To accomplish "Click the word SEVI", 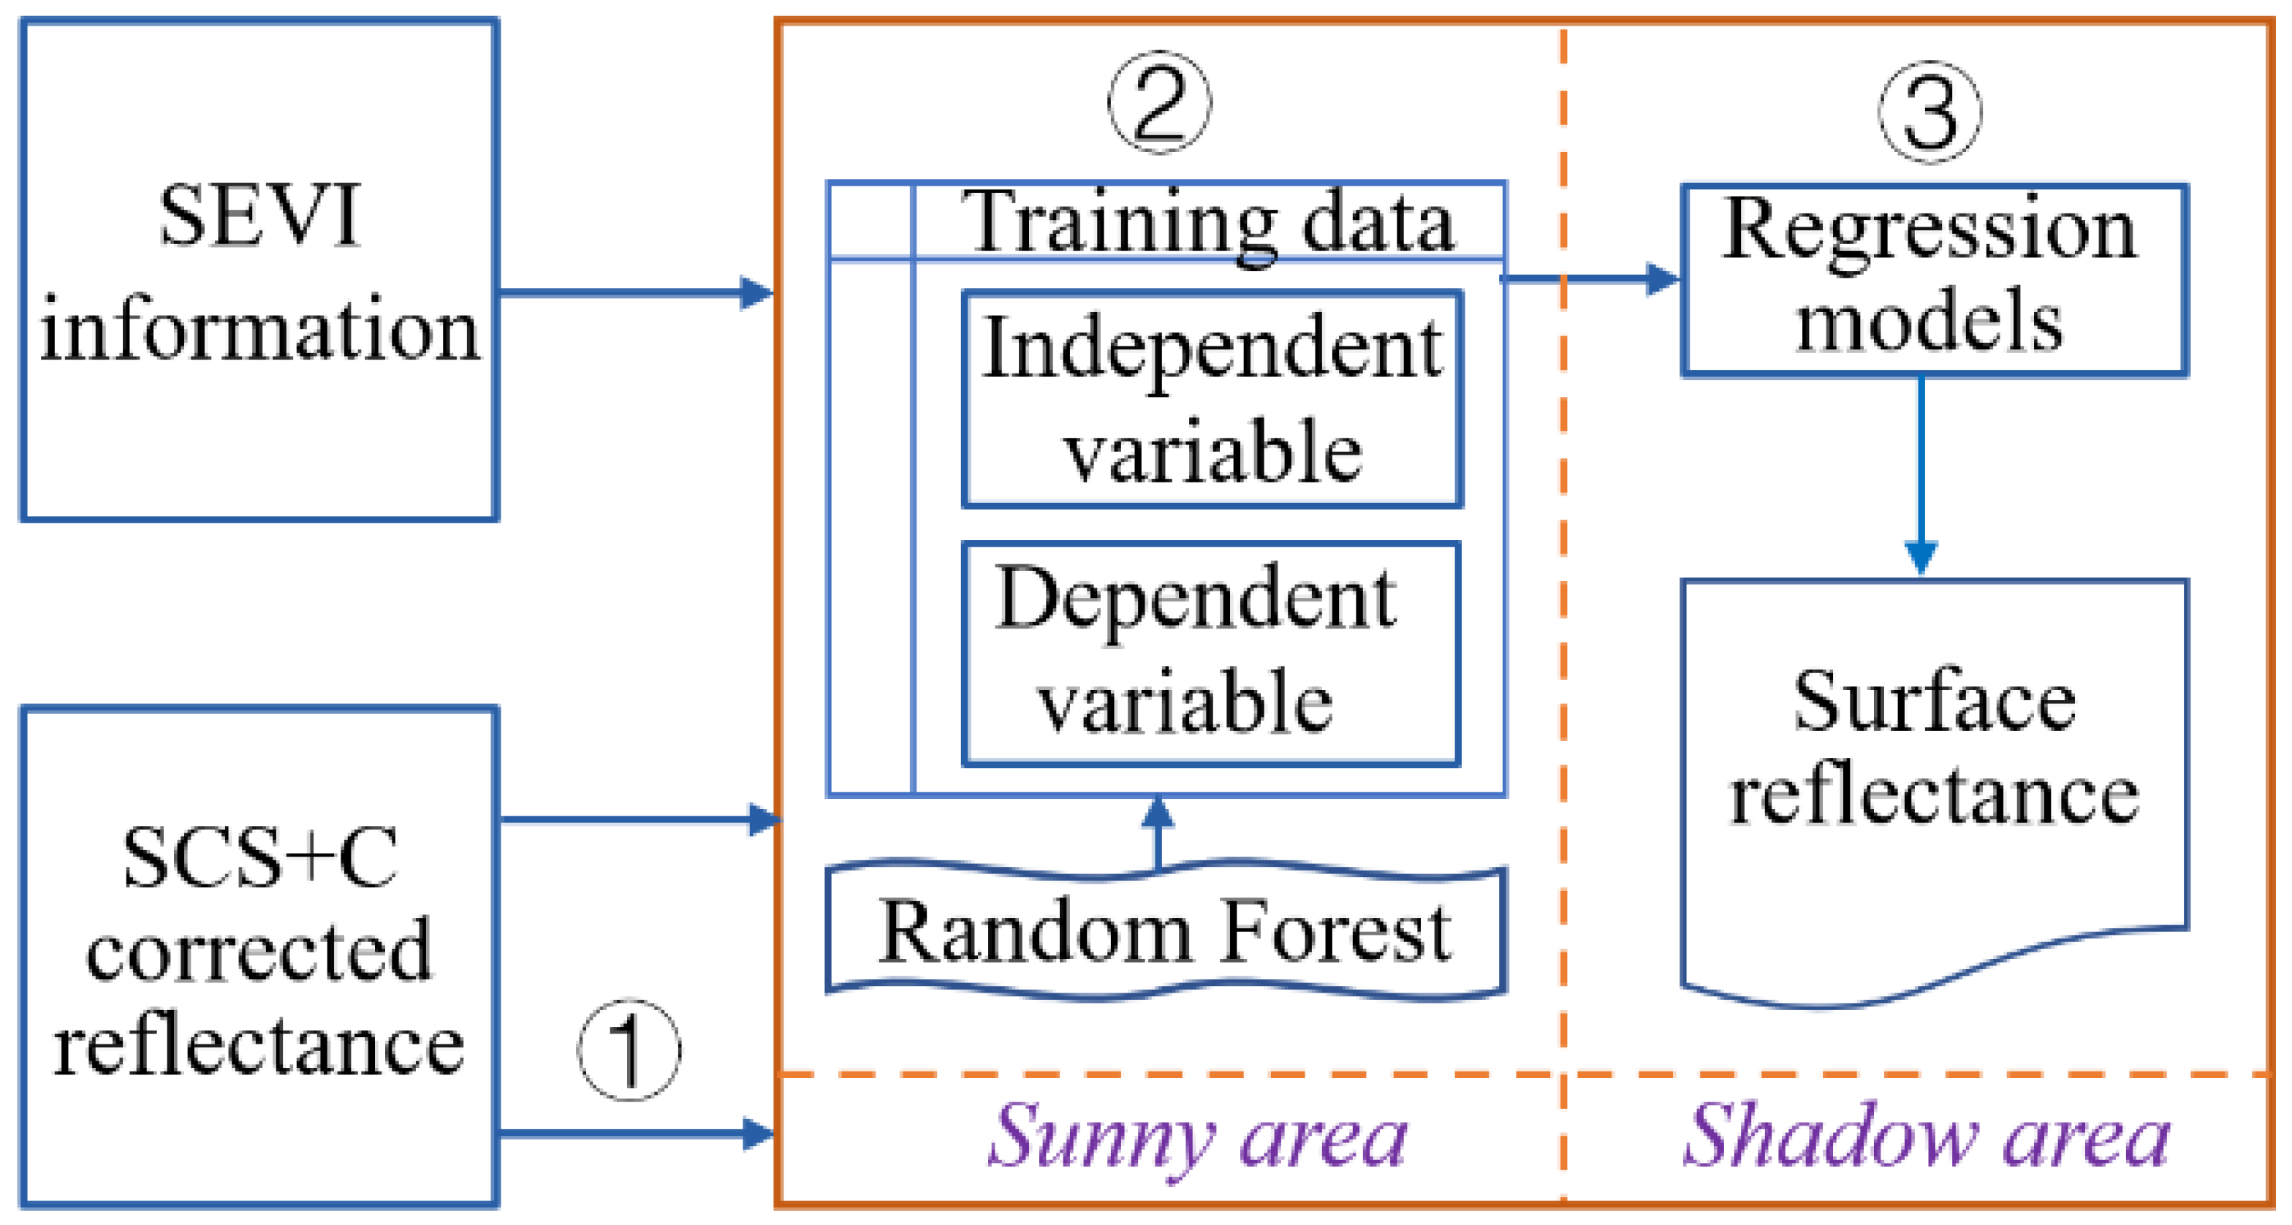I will [x=259, y=216].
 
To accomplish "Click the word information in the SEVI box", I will [x=259, y=331].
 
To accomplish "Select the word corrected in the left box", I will [x=259, y=952].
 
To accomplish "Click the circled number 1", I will [x=629, y=1050].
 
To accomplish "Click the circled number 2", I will [x=1159, y=103].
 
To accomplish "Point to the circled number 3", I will [x=1929, y=112].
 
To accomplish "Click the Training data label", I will [x=1211, y=222].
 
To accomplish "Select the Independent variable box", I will [x=1212, y=399].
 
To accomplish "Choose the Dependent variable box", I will [x=1210, y=654].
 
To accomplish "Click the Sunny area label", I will [x=1196, y=1138].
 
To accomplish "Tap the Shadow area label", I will [x=1927, y=1138].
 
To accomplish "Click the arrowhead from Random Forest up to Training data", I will [x=1158, y=811].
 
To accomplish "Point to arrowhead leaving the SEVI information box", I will [x=756, y=292].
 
